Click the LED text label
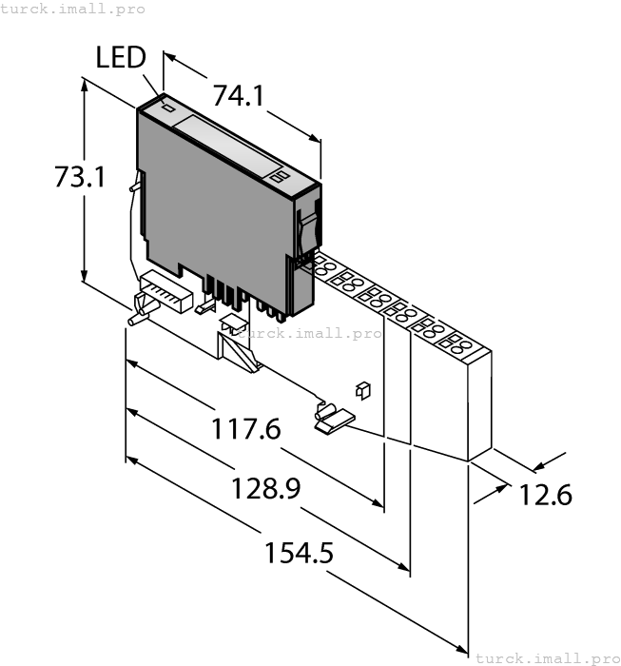pos(121,58)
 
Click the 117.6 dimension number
pos(246,430)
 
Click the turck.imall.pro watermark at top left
pos(73,9)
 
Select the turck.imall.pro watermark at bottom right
pos(546,657)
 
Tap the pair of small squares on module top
pos(278,178)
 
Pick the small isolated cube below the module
pos(361,389)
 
